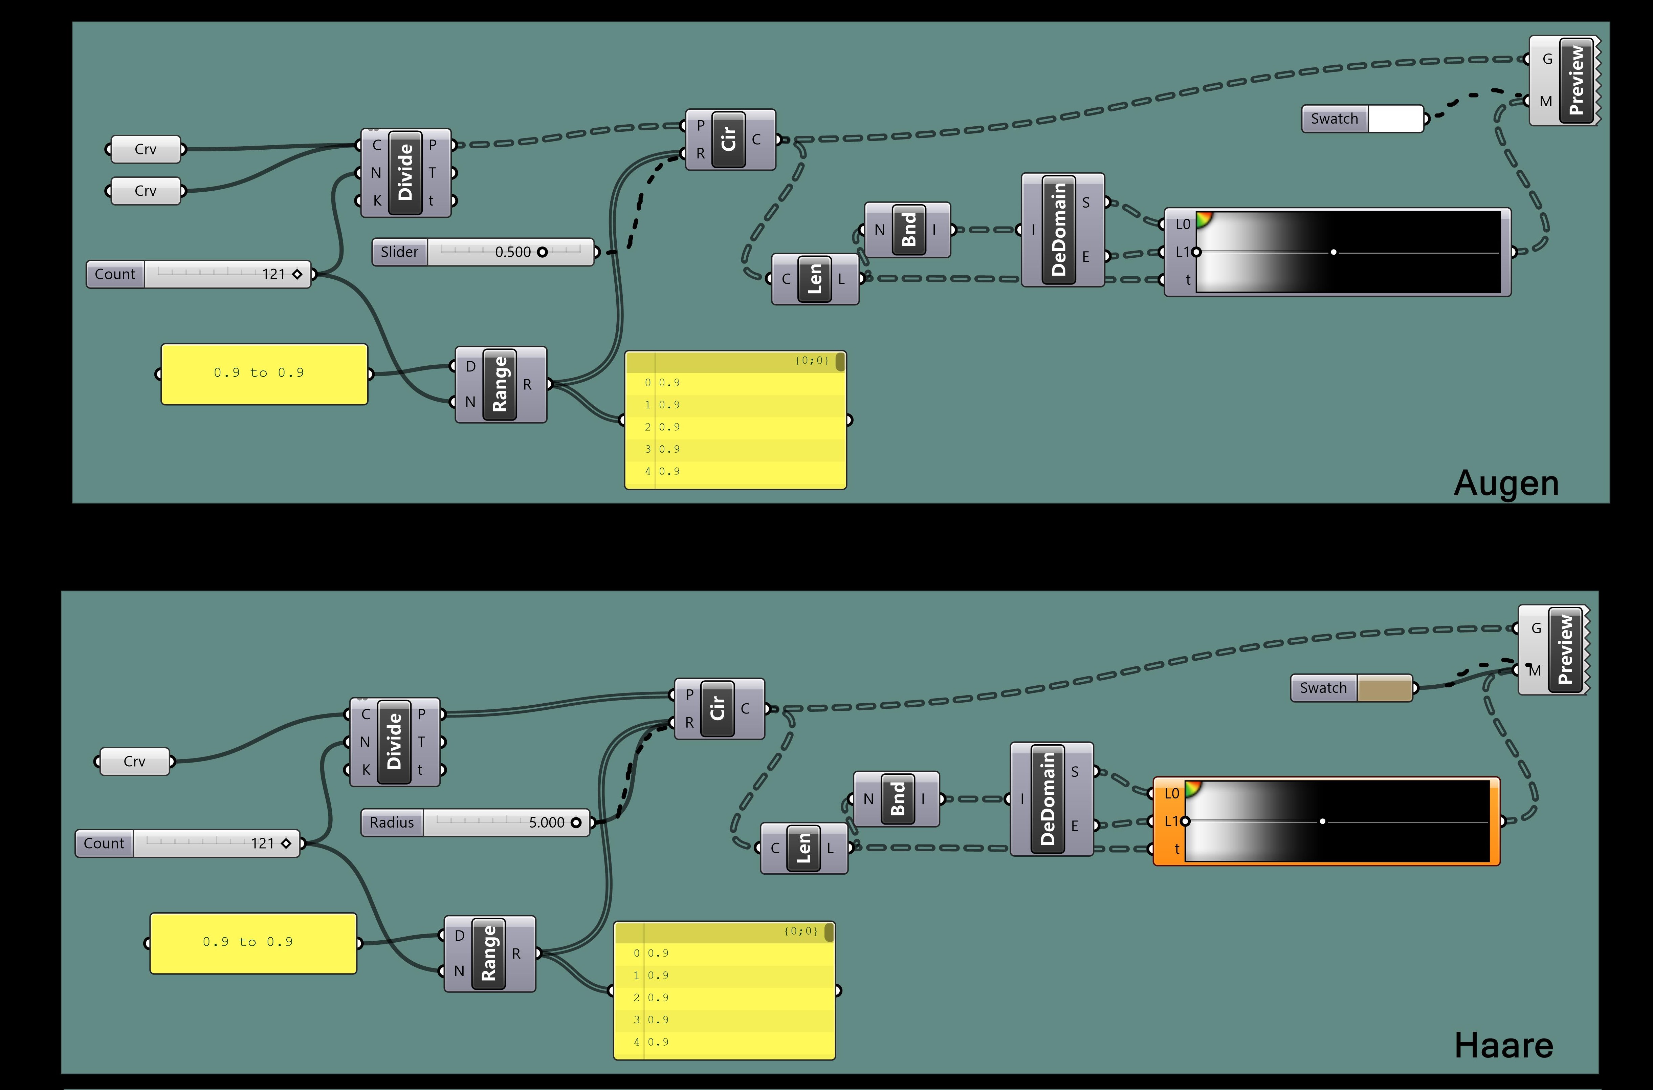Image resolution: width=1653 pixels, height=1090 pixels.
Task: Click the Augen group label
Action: click(x=1506, y=483)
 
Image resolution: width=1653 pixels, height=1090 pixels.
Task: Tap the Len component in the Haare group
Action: click(x=803, y=848)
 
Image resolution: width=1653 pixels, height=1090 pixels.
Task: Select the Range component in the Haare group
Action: click(x=488, y=953)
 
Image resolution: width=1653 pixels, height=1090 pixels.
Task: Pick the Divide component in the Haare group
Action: click(x=394, y=742)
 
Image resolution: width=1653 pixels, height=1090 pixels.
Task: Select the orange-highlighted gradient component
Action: click(x=1326, y=821)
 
